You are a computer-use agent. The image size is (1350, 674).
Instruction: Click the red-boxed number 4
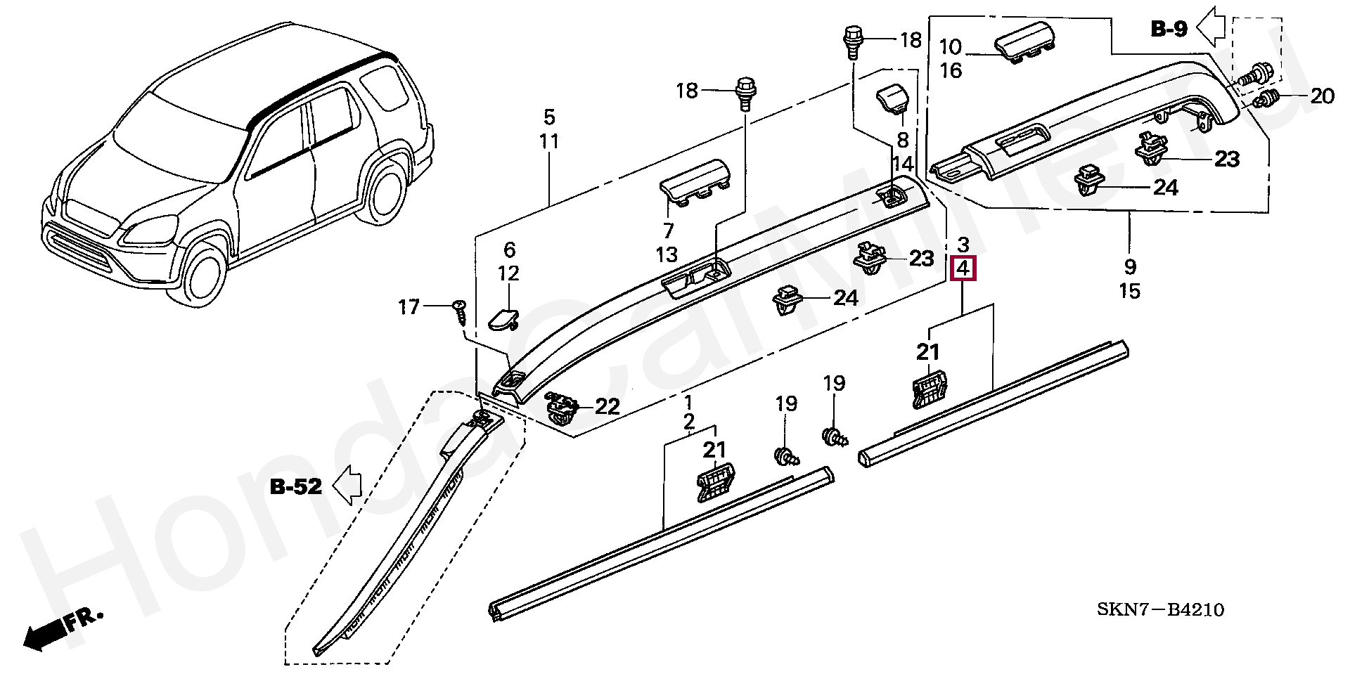[x=963, y=268]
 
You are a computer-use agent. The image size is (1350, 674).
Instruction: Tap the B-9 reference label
[x=1169, y=29]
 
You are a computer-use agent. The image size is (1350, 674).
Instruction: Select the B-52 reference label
[x=296, y=486]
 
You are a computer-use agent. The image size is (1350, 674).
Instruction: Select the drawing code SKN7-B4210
[x=1160, y=609]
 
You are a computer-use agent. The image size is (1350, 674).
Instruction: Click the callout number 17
[x=409, y=307]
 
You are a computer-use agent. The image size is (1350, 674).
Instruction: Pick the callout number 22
[x=607, y=406]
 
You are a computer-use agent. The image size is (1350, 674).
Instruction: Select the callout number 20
[x=1322, y=96]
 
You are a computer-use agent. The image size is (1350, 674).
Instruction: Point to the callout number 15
[x=1129, y=291]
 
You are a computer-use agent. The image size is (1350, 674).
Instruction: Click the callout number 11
[x=548, y=141]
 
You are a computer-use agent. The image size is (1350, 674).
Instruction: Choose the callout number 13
[x=667, y=254]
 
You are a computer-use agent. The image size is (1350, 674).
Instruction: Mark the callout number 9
[x=1129, y=266]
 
